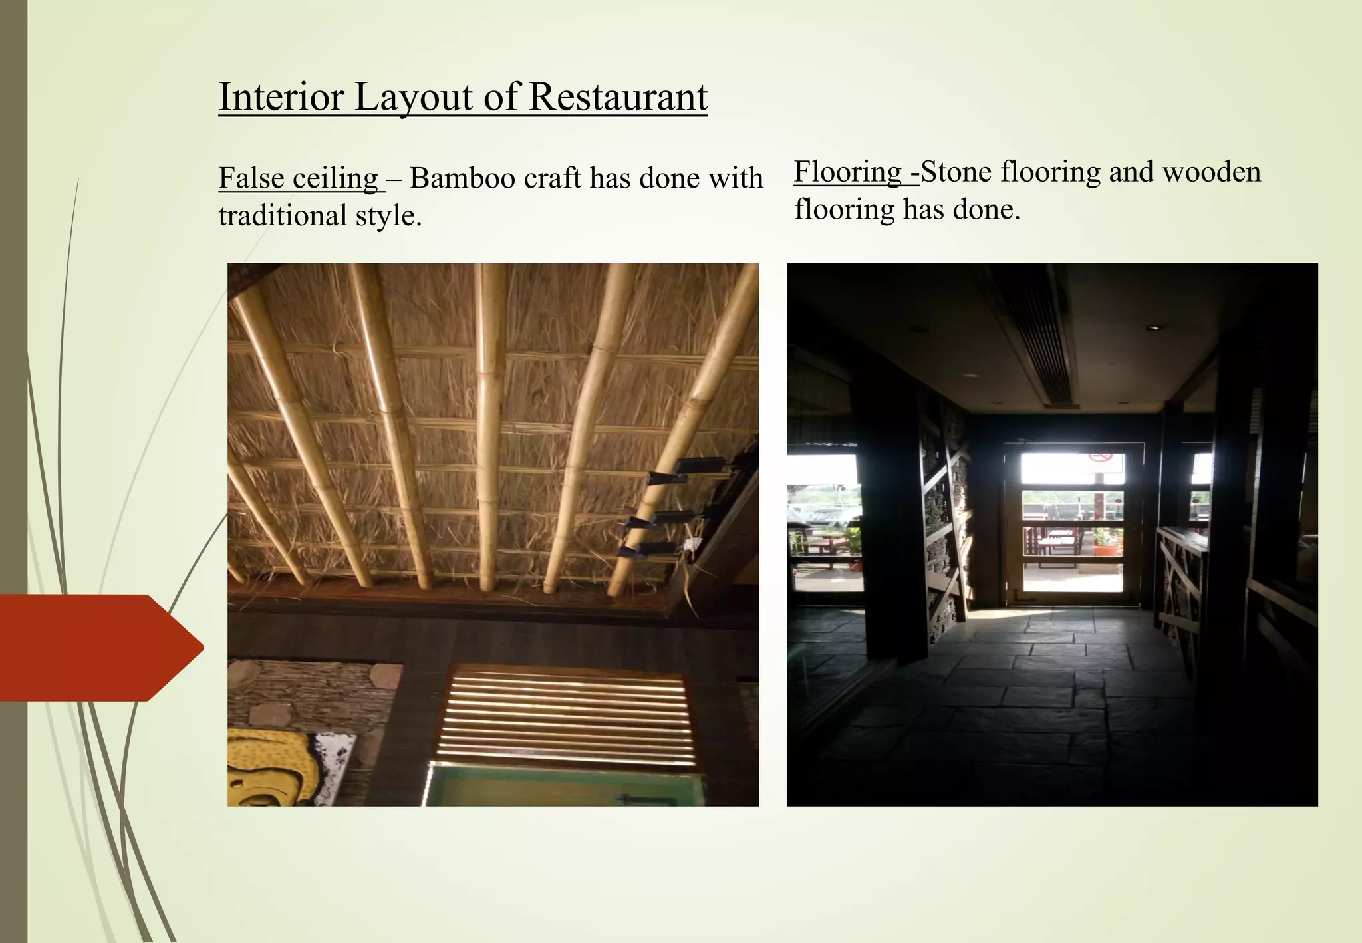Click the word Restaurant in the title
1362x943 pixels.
coord(618,97)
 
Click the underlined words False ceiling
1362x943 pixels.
coord(299,178)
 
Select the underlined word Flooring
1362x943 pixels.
coord(848,172)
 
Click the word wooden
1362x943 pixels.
coord(1211,172)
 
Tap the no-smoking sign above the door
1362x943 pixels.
coord(1100,456)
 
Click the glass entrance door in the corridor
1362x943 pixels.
coord(1072,525)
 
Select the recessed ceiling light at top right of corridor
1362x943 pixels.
coord(1155,327)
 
